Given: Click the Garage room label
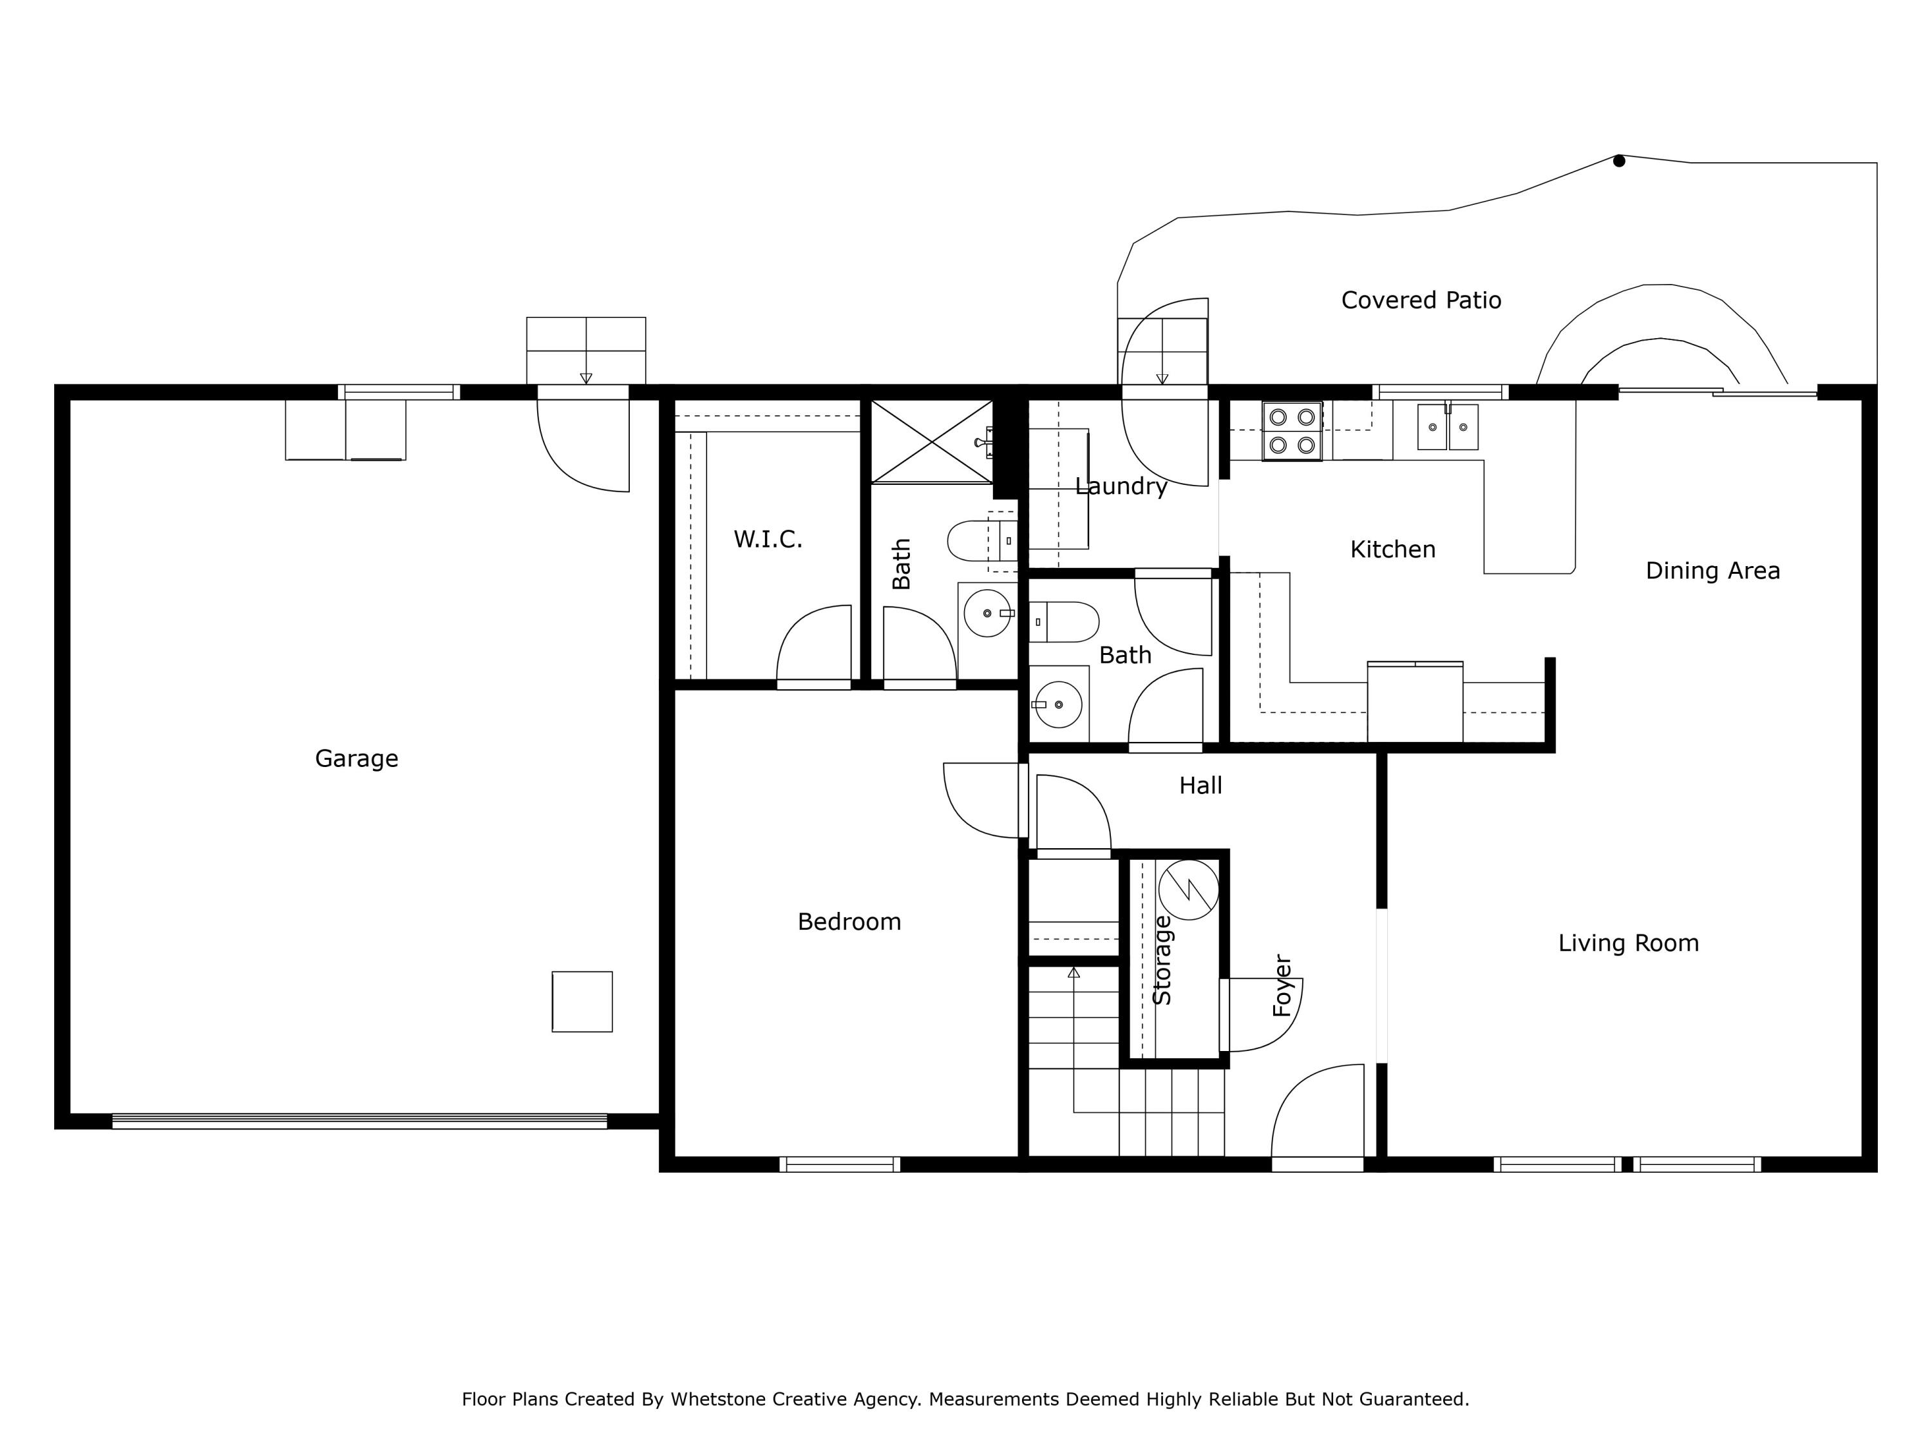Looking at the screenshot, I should pyautogui.click(x=356, y=758).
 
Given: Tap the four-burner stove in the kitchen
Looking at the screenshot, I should pyautogui.click(x=1292, y=431).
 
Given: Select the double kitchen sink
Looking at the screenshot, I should pyautogui.click(x=1447, y=427).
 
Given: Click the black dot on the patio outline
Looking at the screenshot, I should pyautogui.click(x=1618, y=161).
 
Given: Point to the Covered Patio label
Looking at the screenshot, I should pyautogui.click(x=1421, y=301).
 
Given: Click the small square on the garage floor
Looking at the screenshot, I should pyautogui.click(x=582, y=1002).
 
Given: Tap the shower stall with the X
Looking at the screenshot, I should pyautogui.click(x=932, y=441).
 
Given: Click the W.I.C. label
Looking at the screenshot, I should pyautogui.click(x=768, y=540).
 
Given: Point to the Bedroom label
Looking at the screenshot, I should pyautogui.click(x=849, y=922).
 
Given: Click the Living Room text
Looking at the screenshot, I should pyautogui.click(x=1628, y=943).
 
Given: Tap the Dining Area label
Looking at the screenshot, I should pyautogui.click(x=1712, y=571).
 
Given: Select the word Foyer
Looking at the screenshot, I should pyautogui.click(x=1282, y=985).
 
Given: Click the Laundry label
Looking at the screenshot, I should pyautogui.click(x=1121, y=486).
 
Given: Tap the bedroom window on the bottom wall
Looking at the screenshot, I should pyautogui.click(x=839, y=1164).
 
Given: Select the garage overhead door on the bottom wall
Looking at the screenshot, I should pyautogui.click(x=359, y=1121).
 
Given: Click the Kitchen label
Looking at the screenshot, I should pyautogui.click(x=1392, y=549).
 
